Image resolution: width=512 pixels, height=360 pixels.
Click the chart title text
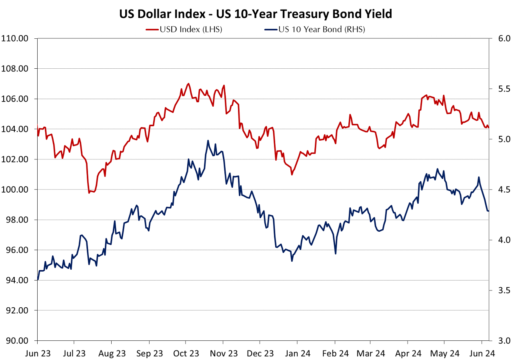coord(256,14)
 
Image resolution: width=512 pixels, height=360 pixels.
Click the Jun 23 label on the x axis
coord(37,353)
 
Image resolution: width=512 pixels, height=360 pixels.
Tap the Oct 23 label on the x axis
coord(186,353)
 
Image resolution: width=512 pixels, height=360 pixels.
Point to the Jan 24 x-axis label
coord(297,353)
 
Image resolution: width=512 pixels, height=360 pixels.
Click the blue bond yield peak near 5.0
coord(208,141)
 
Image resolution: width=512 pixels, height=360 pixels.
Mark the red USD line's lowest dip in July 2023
coord(89,193)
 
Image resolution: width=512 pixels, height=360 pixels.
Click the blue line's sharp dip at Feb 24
coord(336,253)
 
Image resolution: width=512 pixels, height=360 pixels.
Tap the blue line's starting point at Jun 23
coord(38,279)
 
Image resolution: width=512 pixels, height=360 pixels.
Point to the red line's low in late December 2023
coord(292,175)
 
